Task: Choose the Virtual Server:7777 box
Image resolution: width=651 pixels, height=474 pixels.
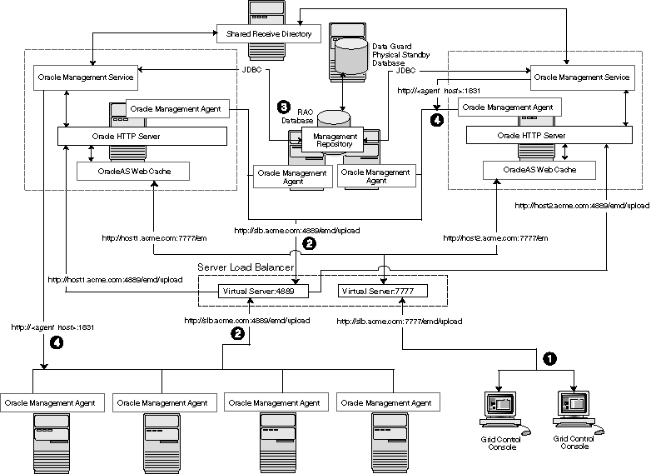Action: click(382, 291)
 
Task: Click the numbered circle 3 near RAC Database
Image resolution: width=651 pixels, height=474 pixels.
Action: click(284, 107)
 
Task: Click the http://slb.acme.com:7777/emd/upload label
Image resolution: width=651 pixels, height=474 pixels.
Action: click(400, 320)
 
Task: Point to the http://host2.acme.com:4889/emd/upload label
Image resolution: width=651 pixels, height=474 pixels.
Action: click(582, 205)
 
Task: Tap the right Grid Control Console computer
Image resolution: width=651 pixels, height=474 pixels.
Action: click(572, 411)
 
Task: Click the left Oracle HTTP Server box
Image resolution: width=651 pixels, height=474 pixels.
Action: click(142, 136)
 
